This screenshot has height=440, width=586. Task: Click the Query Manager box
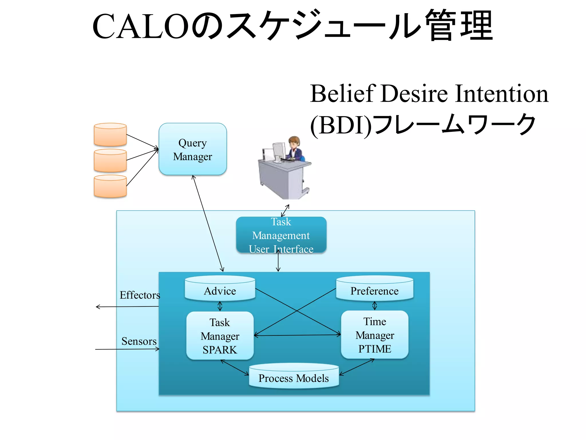tap(193, 149)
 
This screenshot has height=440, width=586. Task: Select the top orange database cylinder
tap(110, 135)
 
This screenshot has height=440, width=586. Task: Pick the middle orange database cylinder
tap(110, 160)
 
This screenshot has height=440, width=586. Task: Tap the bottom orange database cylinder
tap(110, 186)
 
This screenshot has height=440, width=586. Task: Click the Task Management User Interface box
tap(281, 235)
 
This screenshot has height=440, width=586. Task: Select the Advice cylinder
tap(220, 289)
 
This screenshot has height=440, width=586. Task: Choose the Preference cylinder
tap(374, 289)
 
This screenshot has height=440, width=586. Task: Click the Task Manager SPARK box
tap(220, 336)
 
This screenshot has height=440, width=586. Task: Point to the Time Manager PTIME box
tap(375, 335)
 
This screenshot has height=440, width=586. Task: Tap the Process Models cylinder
tap(294, 376)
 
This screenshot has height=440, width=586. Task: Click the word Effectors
tap(140, 295)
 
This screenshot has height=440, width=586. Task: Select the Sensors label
tap(139, 341)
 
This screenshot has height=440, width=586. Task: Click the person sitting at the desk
tap(295, 149)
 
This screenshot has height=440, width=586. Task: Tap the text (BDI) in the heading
tap(340, 125)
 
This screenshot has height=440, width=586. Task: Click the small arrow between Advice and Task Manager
tap(220, 306)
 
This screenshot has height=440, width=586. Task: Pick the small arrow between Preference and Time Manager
tap(375, 305)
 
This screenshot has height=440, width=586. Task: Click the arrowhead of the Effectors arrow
tap(97, 307)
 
